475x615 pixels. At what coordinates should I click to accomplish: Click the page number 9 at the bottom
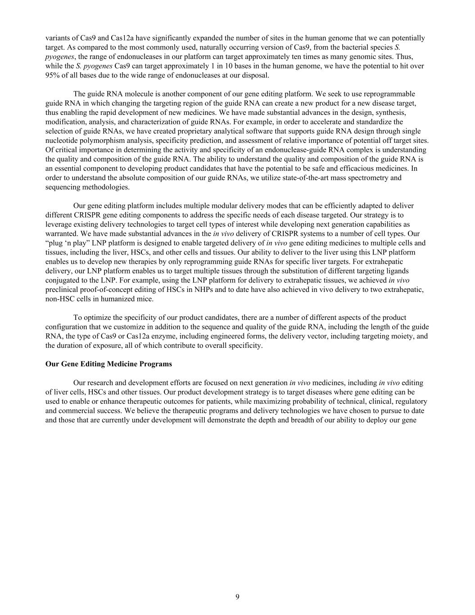[x=237, y=597]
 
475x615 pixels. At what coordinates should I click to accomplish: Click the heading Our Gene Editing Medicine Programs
[x=109, y=364]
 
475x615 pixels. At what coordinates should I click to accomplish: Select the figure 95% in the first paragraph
[x=53, y=75]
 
